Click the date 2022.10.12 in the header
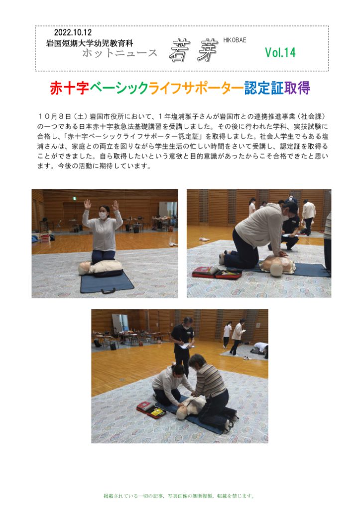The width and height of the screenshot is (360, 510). pos(73,32)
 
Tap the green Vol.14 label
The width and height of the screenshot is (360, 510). pos(280,52)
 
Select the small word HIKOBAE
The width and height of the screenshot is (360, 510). pos(235,40)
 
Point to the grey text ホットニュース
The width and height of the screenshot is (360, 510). pos(120,53)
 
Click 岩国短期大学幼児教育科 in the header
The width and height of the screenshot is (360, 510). pos(90,43)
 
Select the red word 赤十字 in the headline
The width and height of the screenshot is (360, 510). pos(69,88)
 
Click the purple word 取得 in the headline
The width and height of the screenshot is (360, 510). pos(297,88)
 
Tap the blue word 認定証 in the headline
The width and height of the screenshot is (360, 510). pos(264,88)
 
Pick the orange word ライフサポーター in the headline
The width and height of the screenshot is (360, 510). pos(196,88)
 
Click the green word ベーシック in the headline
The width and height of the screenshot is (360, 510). pos(119,88)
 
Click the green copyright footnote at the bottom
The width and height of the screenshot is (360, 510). pos(179,496)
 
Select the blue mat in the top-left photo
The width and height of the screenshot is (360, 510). pos(107,282)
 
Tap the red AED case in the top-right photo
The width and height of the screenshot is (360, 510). pos(217,272)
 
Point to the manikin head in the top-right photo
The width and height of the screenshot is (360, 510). pos(276,269)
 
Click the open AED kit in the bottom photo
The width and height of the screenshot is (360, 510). pos(151,410)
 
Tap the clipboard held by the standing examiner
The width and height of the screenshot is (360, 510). pos(185,346)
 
